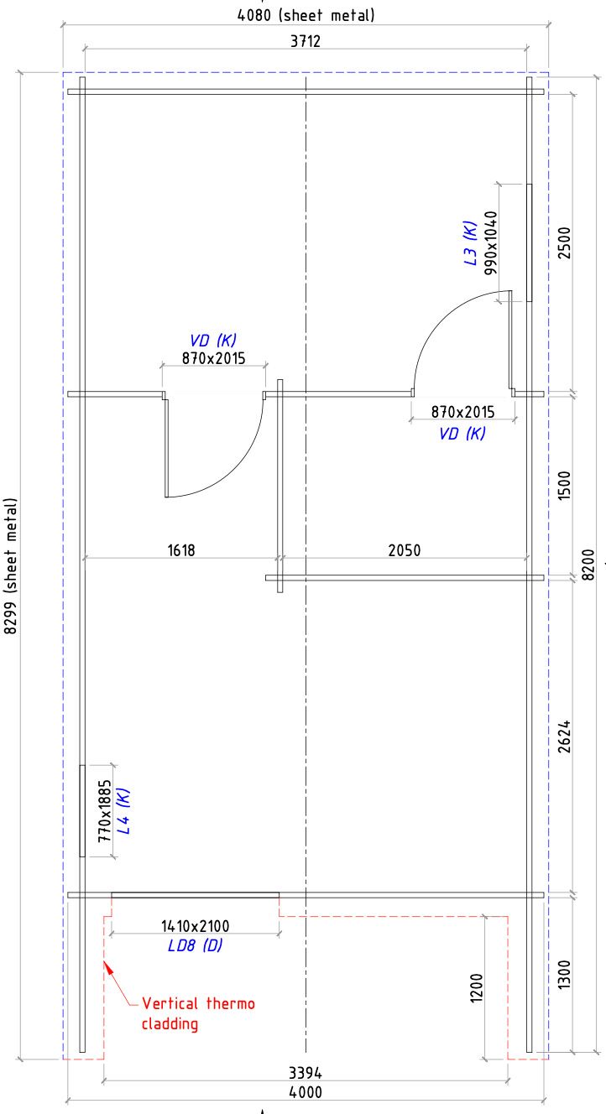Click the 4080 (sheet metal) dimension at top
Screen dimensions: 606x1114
coord(306,15)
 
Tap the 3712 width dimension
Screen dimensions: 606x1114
coord(306,41)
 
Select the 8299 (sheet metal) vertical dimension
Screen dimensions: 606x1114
coord(10,566)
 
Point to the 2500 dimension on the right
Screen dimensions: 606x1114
coord(564,242)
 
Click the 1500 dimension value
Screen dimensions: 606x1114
coord(564,486)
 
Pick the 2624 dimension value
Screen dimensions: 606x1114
coord(564,737)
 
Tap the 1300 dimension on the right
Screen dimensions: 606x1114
coord(564,974)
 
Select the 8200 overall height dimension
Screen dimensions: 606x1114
coord(588,565)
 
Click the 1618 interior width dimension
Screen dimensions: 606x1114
coord(181,550)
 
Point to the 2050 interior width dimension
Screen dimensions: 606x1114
coord(404,550)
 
